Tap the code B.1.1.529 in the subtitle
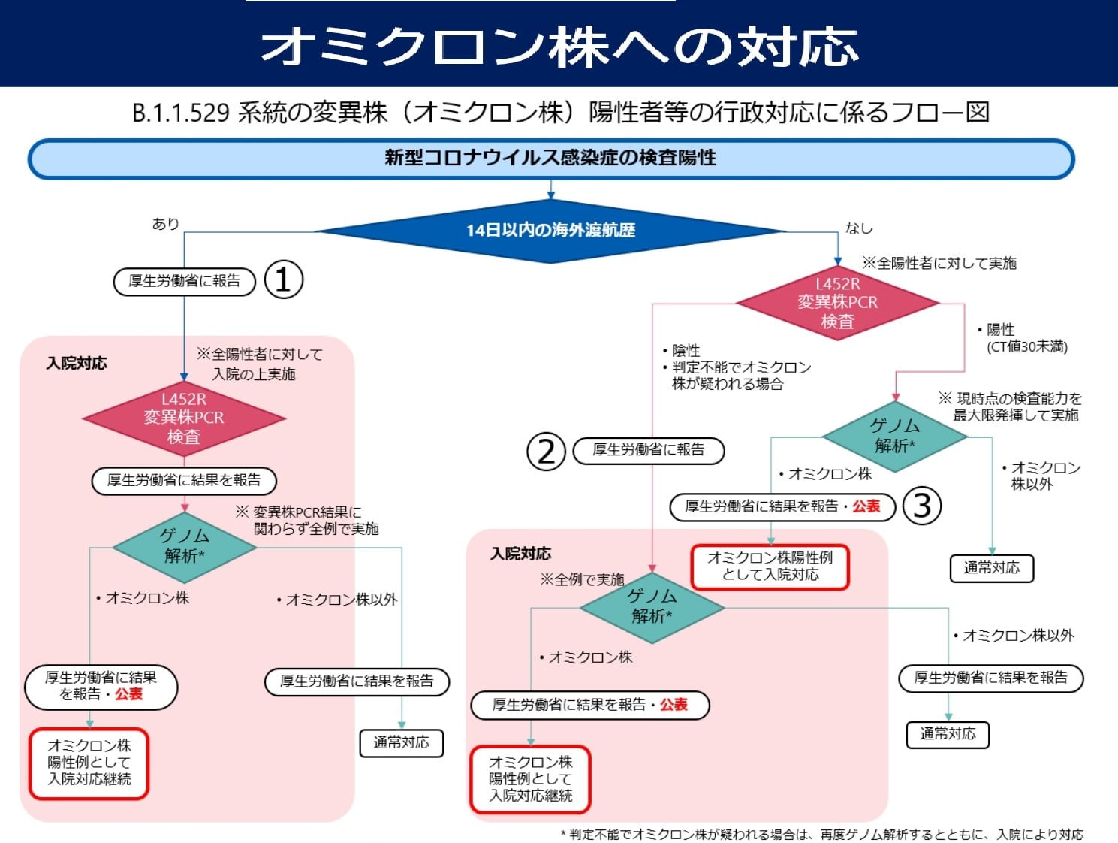pyautogui.click(x=180, y=113)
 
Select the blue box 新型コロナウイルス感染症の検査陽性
pyautogui.click(x=550, y=159)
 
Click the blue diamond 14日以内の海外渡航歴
pyautogui.click(x=550, y=231)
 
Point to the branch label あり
pyautogui.click(x=165, y=224)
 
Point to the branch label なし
pyautogui.click(x=859, y=228)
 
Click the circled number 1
pyautogui.click(x=284, y=280)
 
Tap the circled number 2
pyautogui.click(x=546, y=451)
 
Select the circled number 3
pyautogui.click(x=921, y=506)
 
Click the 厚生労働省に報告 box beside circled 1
pyautogui.click(x=184, y=281)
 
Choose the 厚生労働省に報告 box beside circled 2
pyautogui.click(x=648, y=450)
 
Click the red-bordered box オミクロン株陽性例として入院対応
pyautogui.click(x=770, y=567)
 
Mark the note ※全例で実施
pyautogui.click(x=582, y=579)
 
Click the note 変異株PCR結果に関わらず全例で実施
pyautogui.click(x=308, y=520)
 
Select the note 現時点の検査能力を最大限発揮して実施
pyautogui.click(x=1010, y=406)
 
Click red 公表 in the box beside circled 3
pyautogui.click(x=866, y=506)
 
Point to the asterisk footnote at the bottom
pyautogui.click(x=821, y=834)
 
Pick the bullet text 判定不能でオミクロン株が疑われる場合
pyautogui.click(x=740, y=375)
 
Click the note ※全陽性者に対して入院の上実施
pyautogui.click(x=259, y=364)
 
